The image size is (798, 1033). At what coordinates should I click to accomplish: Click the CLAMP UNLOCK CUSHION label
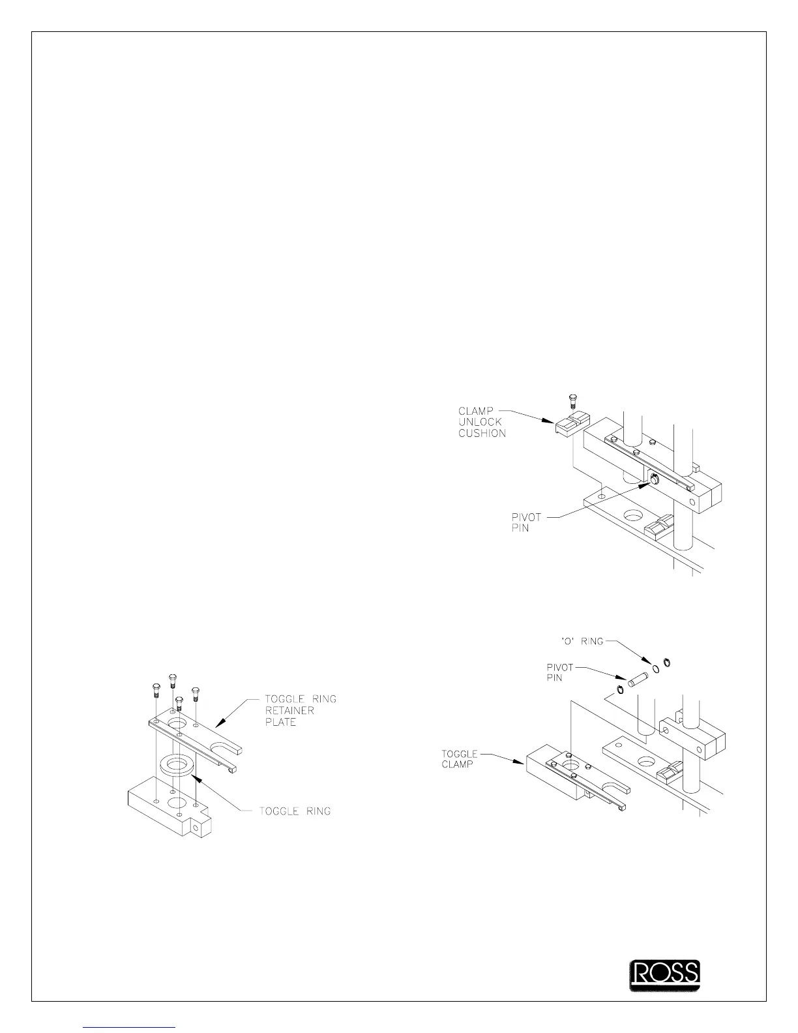(482, 422)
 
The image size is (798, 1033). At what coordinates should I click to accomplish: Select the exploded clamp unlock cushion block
(571, 423)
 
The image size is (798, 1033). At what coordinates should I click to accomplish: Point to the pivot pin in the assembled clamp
(654, 481)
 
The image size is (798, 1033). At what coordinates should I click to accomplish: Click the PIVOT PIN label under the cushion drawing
(526, 522)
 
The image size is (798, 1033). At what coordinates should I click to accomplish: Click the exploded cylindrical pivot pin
(637, 678)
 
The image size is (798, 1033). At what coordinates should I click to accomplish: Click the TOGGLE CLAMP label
(460, 758)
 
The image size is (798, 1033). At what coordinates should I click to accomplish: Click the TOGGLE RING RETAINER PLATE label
(301, 710)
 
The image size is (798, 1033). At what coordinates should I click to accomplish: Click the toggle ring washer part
(178, 766)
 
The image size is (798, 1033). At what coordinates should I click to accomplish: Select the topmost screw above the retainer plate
(173, 680)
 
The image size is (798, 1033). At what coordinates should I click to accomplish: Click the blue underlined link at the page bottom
(130, 1026)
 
